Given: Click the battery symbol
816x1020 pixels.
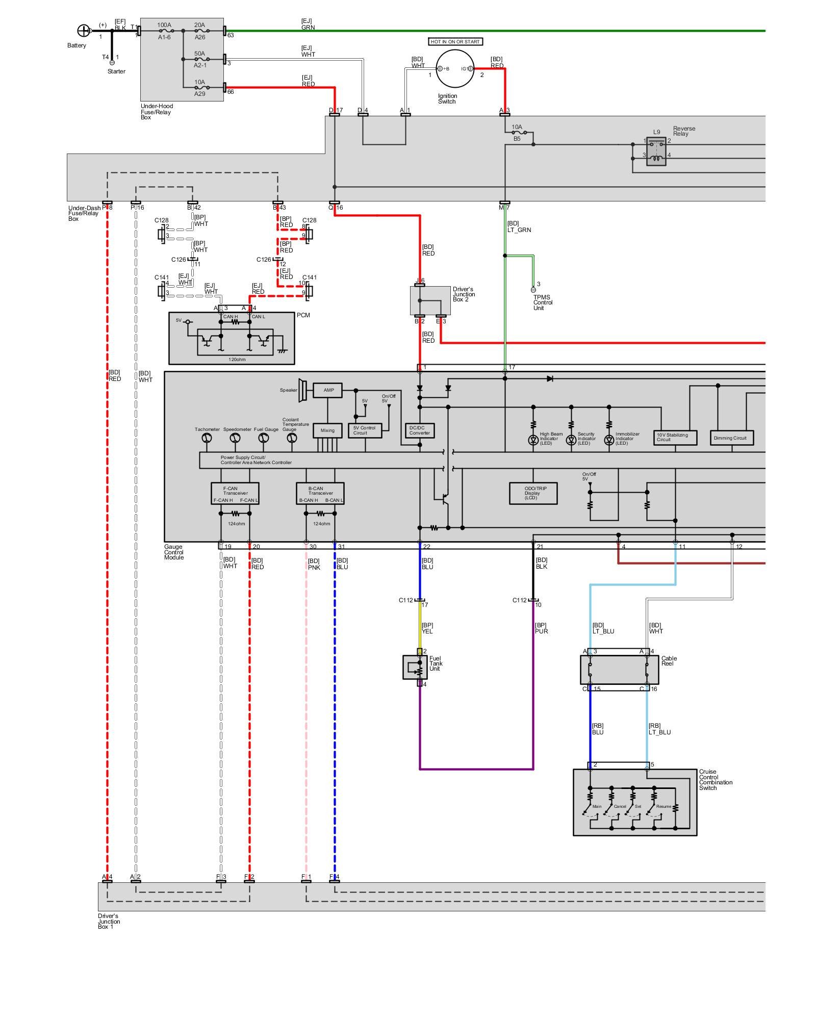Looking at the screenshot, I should pos(83,31).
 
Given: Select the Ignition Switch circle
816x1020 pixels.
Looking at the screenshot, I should pos(454,68).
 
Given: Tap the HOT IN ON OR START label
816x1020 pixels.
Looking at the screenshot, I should pos(455,42).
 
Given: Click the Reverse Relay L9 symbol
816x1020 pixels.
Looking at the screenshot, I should pos(656,151).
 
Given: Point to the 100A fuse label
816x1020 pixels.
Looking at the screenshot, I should pos(164,25).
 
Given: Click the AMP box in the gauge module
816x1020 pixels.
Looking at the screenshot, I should pos(328,391).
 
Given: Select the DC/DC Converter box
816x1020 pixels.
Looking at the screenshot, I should pos(420,430).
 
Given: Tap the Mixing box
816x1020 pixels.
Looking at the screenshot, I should pos(327,430).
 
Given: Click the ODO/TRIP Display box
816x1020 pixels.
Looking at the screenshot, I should pos(533,493).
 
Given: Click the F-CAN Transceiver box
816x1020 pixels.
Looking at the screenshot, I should pos(235,494).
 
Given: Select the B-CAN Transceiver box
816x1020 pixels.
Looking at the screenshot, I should pos(320,494).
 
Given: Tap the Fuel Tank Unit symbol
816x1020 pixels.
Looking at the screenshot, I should pos(415,667).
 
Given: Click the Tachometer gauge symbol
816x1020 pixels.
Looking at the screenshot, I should pos(207,438).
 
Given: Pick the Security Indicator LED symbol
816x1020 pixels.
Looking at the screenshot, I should pos(571,440).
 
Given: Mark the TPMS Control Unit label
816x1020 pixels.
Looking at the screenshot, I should pos(542,302).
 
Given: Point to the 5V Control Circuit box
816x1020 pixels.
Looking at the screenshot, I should pos(365,430).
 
